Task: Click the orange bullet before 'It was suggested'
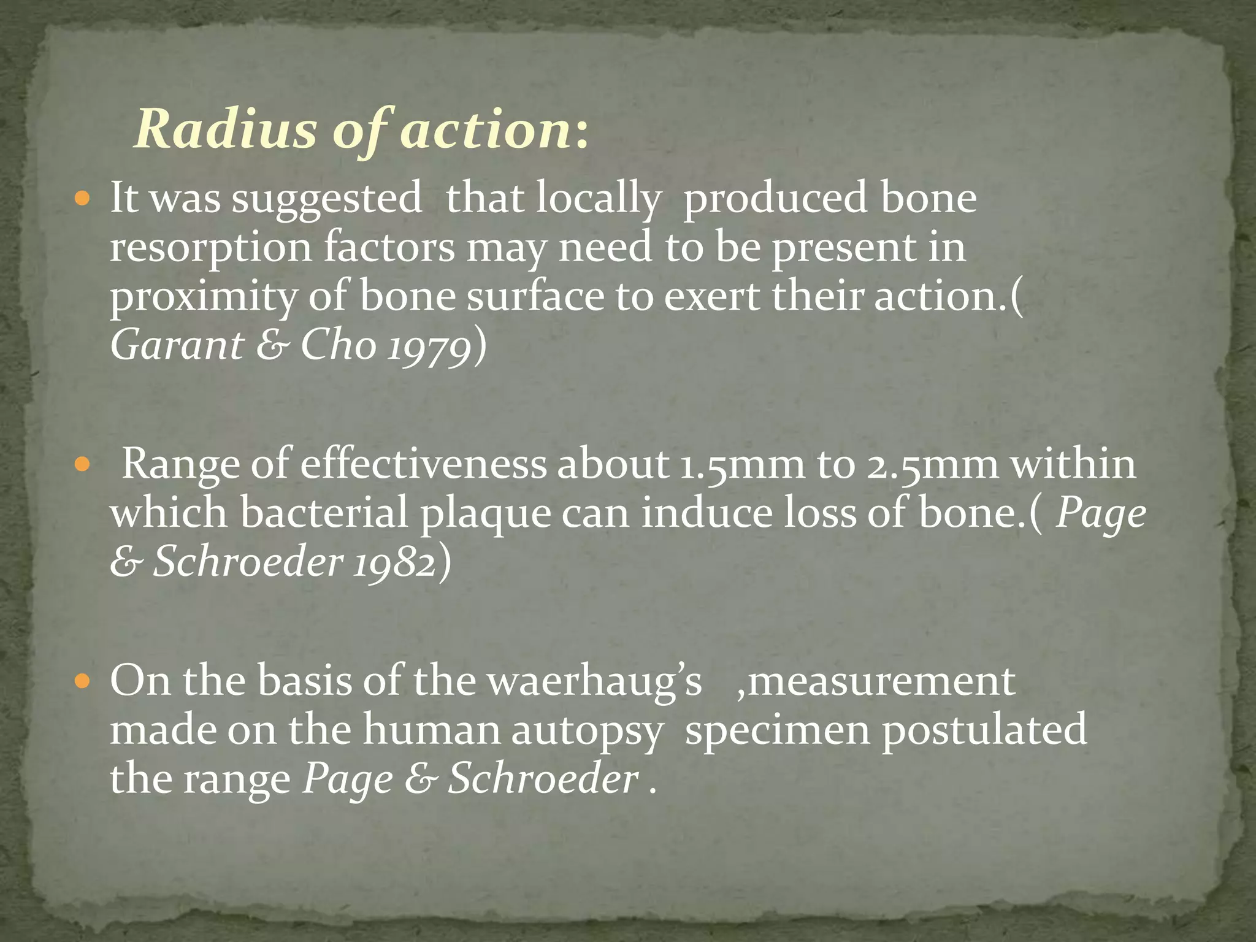pyautogui.click(x=82, y=199)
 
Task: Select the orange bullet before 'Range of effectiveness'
pyautogui.click(x=82, y=465)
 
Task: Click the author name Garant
pyautogui.click(x=177, y=345)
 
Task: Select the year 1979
pyautogui.click(x=429, y=347)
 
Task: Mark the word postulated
pyautogui.click(x=984, y=730)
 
